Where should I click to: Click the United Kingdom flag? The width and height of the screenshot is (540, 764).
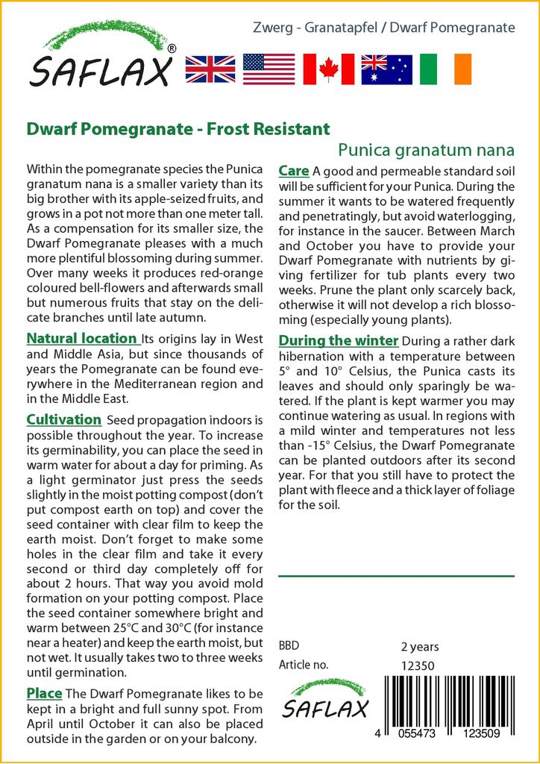point(210,69)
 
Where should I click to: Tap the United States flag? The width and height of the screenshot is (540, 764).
point(269,69)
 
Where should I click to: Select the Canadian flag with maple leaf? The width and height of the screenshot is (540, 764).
point(328,69)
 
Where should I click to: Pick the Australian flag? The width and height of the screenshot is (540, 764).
point(386,69)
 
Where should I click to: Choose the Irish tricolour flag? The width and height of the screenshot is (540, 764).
point(445,69)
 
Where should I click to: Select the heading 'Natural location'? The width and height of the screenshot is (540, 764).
point(82,339)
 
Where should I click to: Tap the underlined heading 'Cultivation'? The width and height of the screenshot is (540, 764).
point(63,420)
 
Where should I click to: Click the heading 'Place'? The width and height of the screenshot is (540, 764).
point(44,693)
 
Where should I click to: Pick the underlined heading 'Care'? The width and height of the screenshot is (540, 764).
point(293,172)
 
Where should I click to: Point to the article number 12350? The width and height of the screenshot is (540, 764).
point(418,666)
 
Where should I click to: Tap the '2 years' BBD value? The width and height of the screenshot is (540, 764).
point(420,647)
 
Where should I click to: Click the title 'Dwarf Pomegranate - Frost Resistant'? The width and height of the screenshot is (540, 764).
point(178,129)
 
